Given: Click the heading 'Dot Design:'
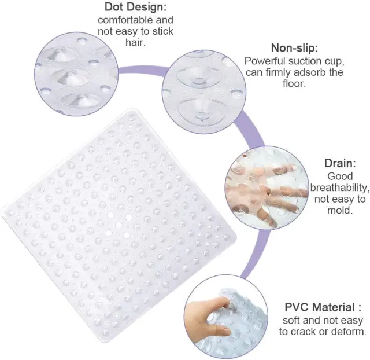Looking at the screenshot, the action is [x=135, y=7].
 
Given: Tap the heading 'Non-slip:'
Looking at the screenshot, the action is [x=294, y=48].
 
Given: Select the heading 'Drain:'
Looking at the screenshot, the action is [x=340, y=163].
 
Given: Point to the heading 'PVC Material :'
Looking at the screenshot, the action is [x=323, y=307].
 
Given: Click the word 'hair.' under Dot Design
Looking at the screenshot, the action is [x=135, y=42].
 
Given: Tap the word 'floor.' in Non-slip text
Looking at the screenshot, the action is [x=294, y=83].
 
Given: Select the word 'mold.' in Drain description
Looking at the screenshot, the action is [x=340, y=210].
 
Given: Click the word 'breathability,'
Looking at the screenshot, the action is [x=340, y=188].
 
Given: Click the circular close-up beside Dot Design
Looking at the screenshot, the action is [x=76, y=74].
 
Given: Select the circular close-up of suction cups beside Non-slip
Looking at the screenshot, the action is [x=204, y=92].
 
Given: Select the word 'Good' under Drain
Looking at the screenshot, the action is [x=340, y=176].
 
